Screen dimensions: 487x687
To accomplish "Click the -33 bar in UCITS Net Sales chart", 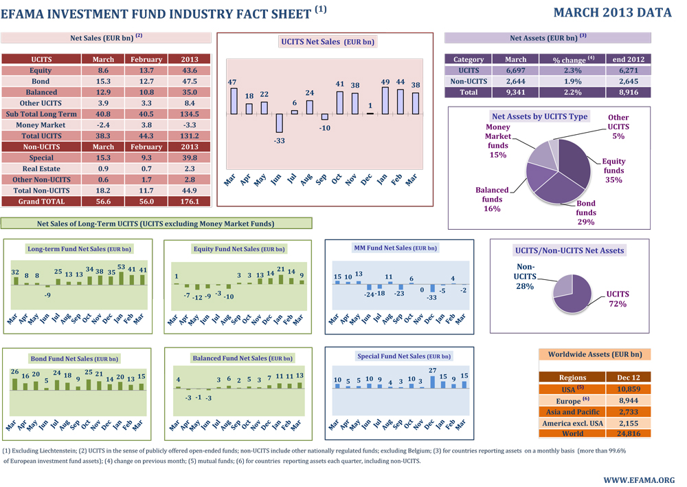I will click(x=280, y=123).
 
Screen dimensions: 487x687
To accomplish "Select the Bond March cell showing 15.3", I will click(x=103, y=81).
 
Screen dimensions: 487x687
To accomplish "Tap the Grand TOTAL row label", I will click(x=42, y=202).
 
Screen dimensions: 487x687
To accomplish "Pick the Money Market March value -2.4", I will click(x=103, y=125).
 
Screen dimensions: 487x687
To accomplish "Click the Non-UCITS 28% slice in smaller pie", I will click(x=563, y=284).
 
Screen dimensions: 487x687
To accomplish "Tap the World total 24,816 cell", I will click(x=628, y=433).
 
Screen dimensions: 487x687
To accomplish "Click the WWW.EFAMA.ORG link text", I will click(x=638, y=479).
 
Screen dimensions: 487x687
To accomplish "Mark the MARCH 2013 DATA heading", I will click(x=611, y=12).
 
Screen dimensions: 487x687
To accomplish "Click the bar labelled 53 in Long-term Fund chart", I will click(x=121, y=279).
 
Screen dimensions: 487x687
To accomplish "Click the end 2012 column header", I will click(x=629, y=59).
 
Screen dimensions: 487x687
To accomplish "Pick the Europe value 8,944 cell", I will click(x=628, y=400).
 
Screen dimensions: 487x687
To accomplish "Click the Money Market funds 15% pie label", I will click(x=498, y=141).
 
